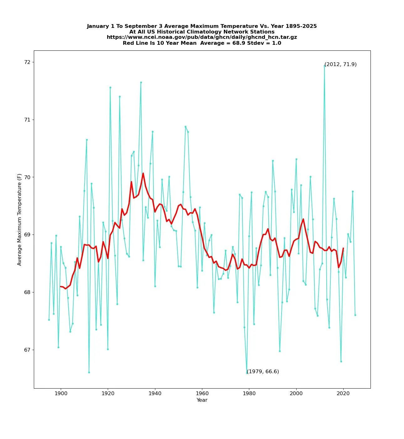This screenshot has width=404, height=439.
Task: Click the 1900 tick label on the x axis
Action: [x=61, y=393]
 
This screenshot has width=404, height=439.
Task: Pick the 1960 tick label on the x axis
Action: [x=202, y=393]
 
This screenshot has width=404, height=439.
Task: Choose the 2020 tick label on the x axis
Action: [x=343, y=393]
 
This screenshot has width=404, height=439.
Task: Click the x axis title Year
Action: [x=202, y=400]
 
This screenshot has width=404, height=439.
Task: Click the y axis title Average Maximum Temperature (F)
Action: [x=19, y=219]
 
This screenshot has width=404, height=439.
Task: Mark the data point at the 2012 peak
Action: [x=324, y=66]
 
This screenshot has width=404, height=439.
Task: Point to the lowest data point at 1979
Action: [x=247, y=373]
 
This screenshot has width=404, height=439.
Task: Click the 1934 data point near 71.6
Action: [x=141, y=82]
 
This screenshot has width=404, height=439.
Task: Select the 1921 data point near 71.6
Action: [x=110, y=87]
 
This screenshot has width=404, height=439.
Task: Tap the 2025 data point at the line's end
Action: [x=355, y=315]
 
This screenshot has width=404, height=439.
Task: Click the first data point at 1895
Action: [x=49, y=320]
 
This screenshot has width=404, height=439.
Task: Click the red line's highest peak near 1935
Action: [x=143, y=173]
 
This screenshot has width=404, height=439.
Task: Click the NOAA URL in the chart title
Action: [x=202, y=37]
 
